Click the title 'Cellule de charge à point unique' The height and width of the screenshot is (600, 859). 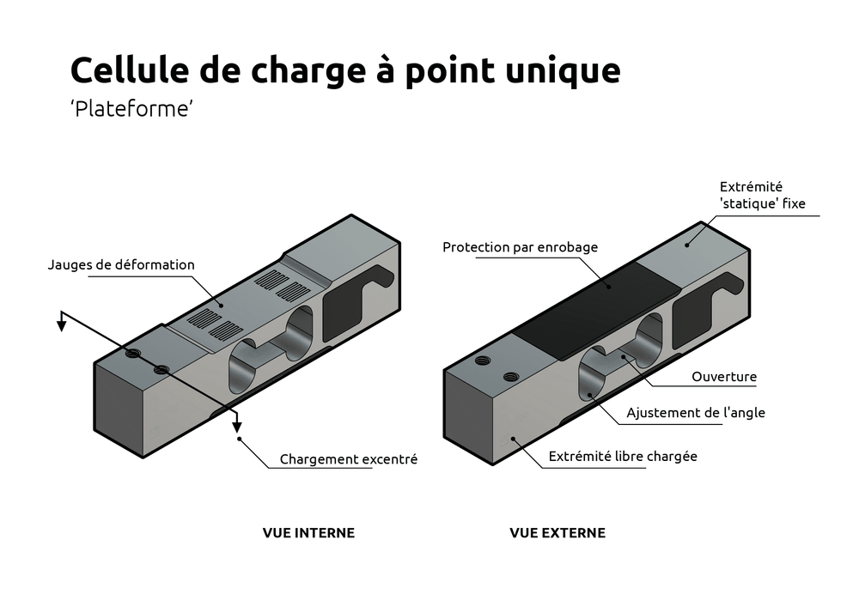point(344,70)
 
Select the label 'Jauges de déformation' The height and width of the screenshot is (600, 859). point(121,264)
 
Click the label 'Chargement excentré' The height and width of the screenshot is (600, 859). point(348,460)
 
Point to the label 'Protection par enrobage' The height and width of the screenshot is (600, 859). point(520,247)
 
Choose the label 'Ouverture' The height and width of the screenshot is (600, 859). point(724,377)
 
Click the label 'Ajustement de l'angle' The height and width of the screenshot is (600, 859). point(695,413)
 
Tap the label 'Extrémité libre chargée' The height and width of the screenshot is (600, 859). point(623,457)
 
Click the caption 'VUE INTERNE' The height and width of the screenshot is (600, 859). point(308,533)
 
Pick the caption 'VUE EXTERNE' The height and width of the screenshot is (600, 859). point(557,533)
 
